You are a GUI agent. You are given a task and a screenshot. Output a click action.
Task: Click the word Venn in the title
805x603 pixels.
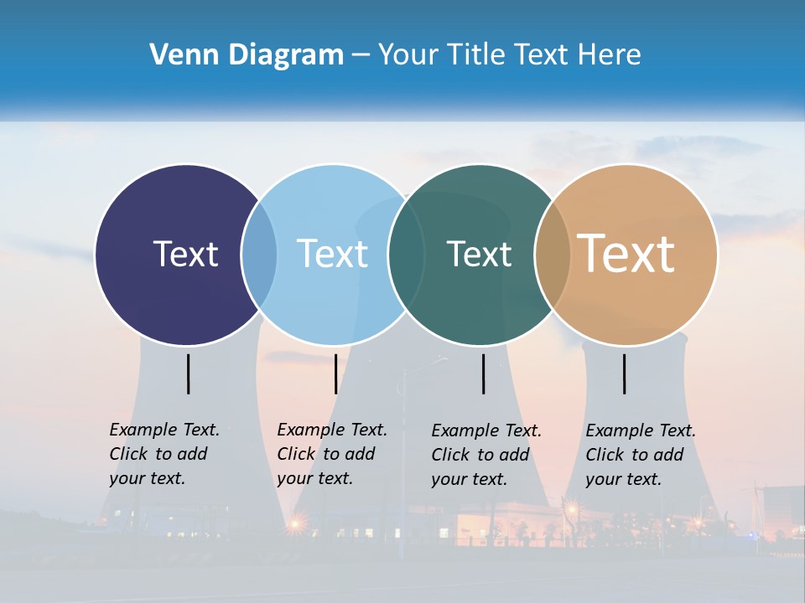(x=180, y=55)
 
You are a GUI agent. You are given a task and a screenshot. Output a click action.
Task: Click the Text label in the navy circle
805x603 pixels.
(x=185, y=254)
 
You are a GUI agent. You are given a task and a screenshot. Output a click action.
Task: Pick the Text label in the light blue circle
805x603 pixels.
(x=333, y=254)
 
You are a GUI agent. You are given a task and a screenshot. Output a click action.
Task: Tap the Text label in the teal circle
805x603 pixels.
(x=479, y=254)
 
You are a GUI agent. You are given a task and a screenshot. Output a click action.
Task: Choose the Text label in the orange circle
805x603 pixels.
(x=626, y=254)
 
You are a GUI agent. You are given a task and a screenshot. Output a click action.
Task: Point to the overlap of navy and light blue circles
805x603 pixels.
(x=259, y=254)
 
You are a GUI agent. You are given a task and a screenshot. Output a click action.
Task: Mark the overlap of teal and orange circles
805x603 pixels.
(x=553, y=254)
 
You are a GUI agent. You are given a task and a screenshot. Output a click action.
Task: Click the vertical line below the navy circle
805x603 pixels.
(x=188, y=374)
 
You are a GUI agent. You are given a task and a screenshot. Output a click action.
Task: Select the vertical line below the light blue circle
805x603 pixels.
(x=335, y=374)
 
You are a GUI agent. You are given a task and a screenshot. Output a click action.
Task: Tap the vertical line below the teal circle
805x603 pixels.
(x=483, y=374)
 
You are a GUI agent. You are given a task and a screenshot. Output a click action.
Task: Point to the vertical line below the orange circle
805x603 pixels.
(x=624, y=374)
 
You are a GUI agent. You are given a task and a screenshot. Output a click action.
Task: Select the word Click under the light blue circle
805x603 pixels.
(x=296, y=454)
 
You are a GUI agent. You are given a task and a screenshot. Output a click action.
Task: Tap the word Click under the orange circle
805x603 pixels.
(x=605, y=455)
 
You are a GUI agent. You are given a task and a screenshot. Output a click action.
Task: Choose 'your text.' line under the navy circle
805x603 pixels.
(x=147, y=478)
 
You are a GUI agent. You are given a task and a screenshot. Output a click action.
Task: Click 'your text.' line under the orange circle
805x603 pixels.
(x=623, y=479)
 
